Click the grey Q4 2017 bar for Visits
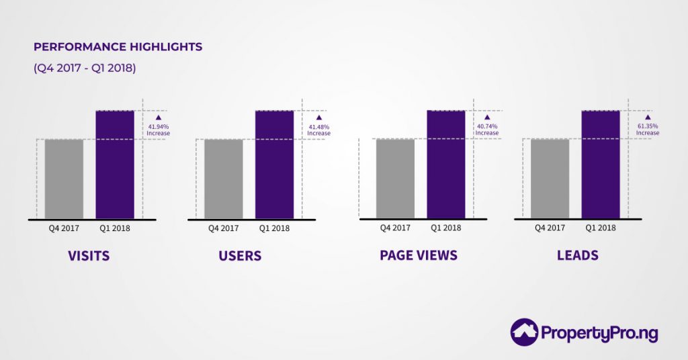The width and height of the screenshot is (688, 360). tap(64, 179)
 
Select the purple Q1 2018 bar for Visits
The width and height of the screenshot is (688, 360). tap(115, 165)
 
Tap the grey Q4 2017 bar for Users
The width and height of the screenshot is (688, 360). tap(224, 179)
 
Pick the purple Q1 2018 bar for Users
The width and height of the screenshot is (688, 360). tap(274, 165)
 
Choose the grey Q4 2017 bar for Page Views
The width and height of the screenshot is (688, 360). tap(395, 179)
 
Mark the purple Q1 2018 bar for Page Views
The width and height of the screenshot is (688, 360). tap(445, 165)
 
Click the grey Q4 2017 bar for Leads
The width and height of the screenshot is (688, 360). tap(550, 179)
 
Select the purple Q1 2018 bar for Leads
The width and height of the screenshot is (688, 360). tap(600, 165)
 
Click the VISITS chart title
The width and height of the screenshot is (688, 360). tap(89, 256)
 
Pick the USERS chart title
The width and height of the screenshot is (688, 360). tap(240, 256)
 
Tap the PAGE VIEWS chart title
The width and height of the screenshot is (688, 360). tap(419, 256)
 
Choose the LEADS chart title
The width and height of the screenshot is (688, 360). tap(577, 256)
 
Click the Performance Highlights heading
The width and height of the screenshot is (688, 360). tap(118, 47)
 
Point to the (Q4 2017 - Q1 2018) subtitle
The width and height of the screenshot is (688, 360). tap(85, 68)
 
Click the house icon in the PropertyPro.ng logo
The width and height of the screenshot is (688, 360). tap(524, 332)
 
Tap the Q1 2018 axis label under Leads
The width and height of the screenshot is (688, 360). tap(601, 228)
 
